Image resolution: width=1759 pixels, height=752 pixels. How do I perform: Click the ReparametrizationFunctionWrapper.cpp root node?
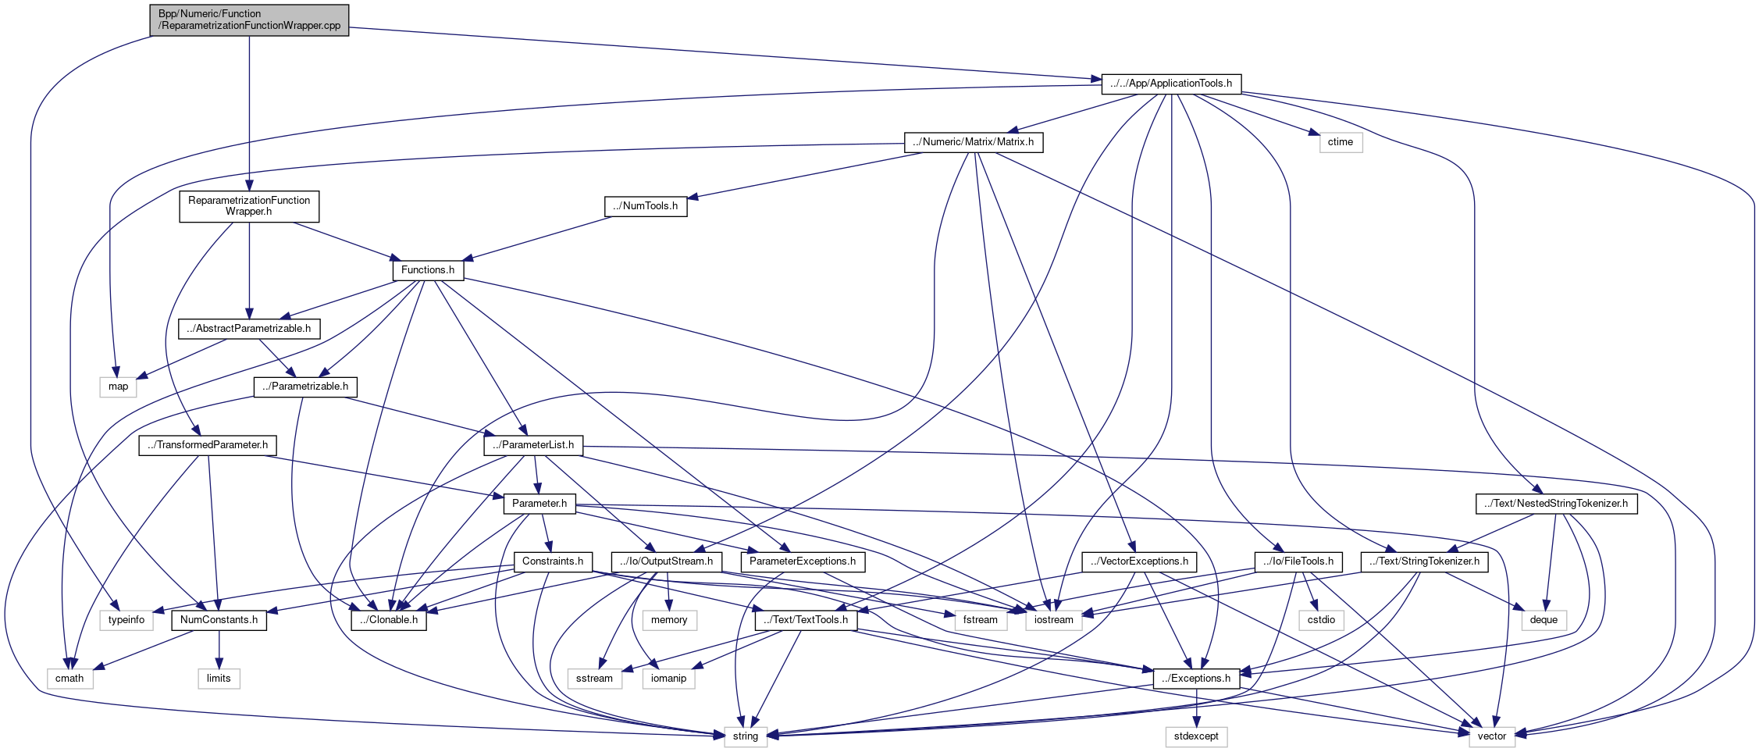click(x=249, y=20)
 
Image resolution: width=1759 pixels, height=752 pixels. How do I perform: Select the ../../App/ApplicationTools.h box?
click(x=1171, y=84)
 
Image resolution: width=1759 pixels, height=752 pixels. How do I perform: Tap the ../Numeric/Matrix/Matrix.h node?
click(x=974, y=142)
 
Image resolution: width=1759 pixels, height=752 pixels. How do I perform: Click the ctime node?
click(x=1341, y=142)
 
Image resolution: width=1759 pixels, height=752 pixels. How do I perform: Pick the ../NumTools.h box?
click(x=646, y=206)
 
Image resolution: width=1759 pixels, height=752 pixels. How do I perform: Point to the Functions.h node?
click(x=428, y=270)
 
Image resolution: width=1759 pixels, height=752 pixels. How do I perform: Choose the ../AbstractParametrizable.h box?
click(x=249, y=329)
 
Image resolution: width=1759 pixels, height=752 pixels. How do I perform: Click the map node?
click(x=118, y=387)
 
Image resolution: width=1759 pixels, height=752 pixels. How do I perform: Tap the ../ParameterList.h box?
click(x=533, y=445)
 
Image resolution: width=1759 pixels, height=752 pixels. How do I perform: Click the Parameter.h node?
click(x=539, y=504)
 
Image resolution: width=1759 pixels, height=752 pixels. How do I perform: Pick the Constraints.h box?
click(x=553, y=561)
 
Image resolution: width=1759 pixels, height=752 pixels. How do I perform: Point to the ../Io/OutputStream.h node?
click(x=666, y=561)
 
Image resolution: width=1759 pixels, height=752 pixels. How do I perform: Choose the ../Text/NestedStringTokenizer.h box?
click(x=1556, y=504)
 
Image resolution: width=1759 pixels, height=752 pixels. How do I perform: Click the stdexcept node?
click(x=1196, y=736)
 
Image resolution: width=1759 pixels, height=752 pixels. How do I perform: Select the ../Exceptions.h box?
click(x=1196, y=679)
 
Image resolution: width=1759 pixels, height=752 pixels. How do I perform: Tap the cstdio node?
click(x=1322, y=620)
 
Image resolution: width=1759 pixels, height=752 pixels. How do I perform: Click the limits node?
click(x=219, y=679)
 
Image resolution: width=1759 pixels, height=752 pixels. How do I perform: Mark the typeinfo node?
click(x=126, y=620)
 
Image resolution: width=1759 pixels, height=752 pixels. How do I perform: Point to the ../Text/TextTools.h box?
click(x=807, y=620)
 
